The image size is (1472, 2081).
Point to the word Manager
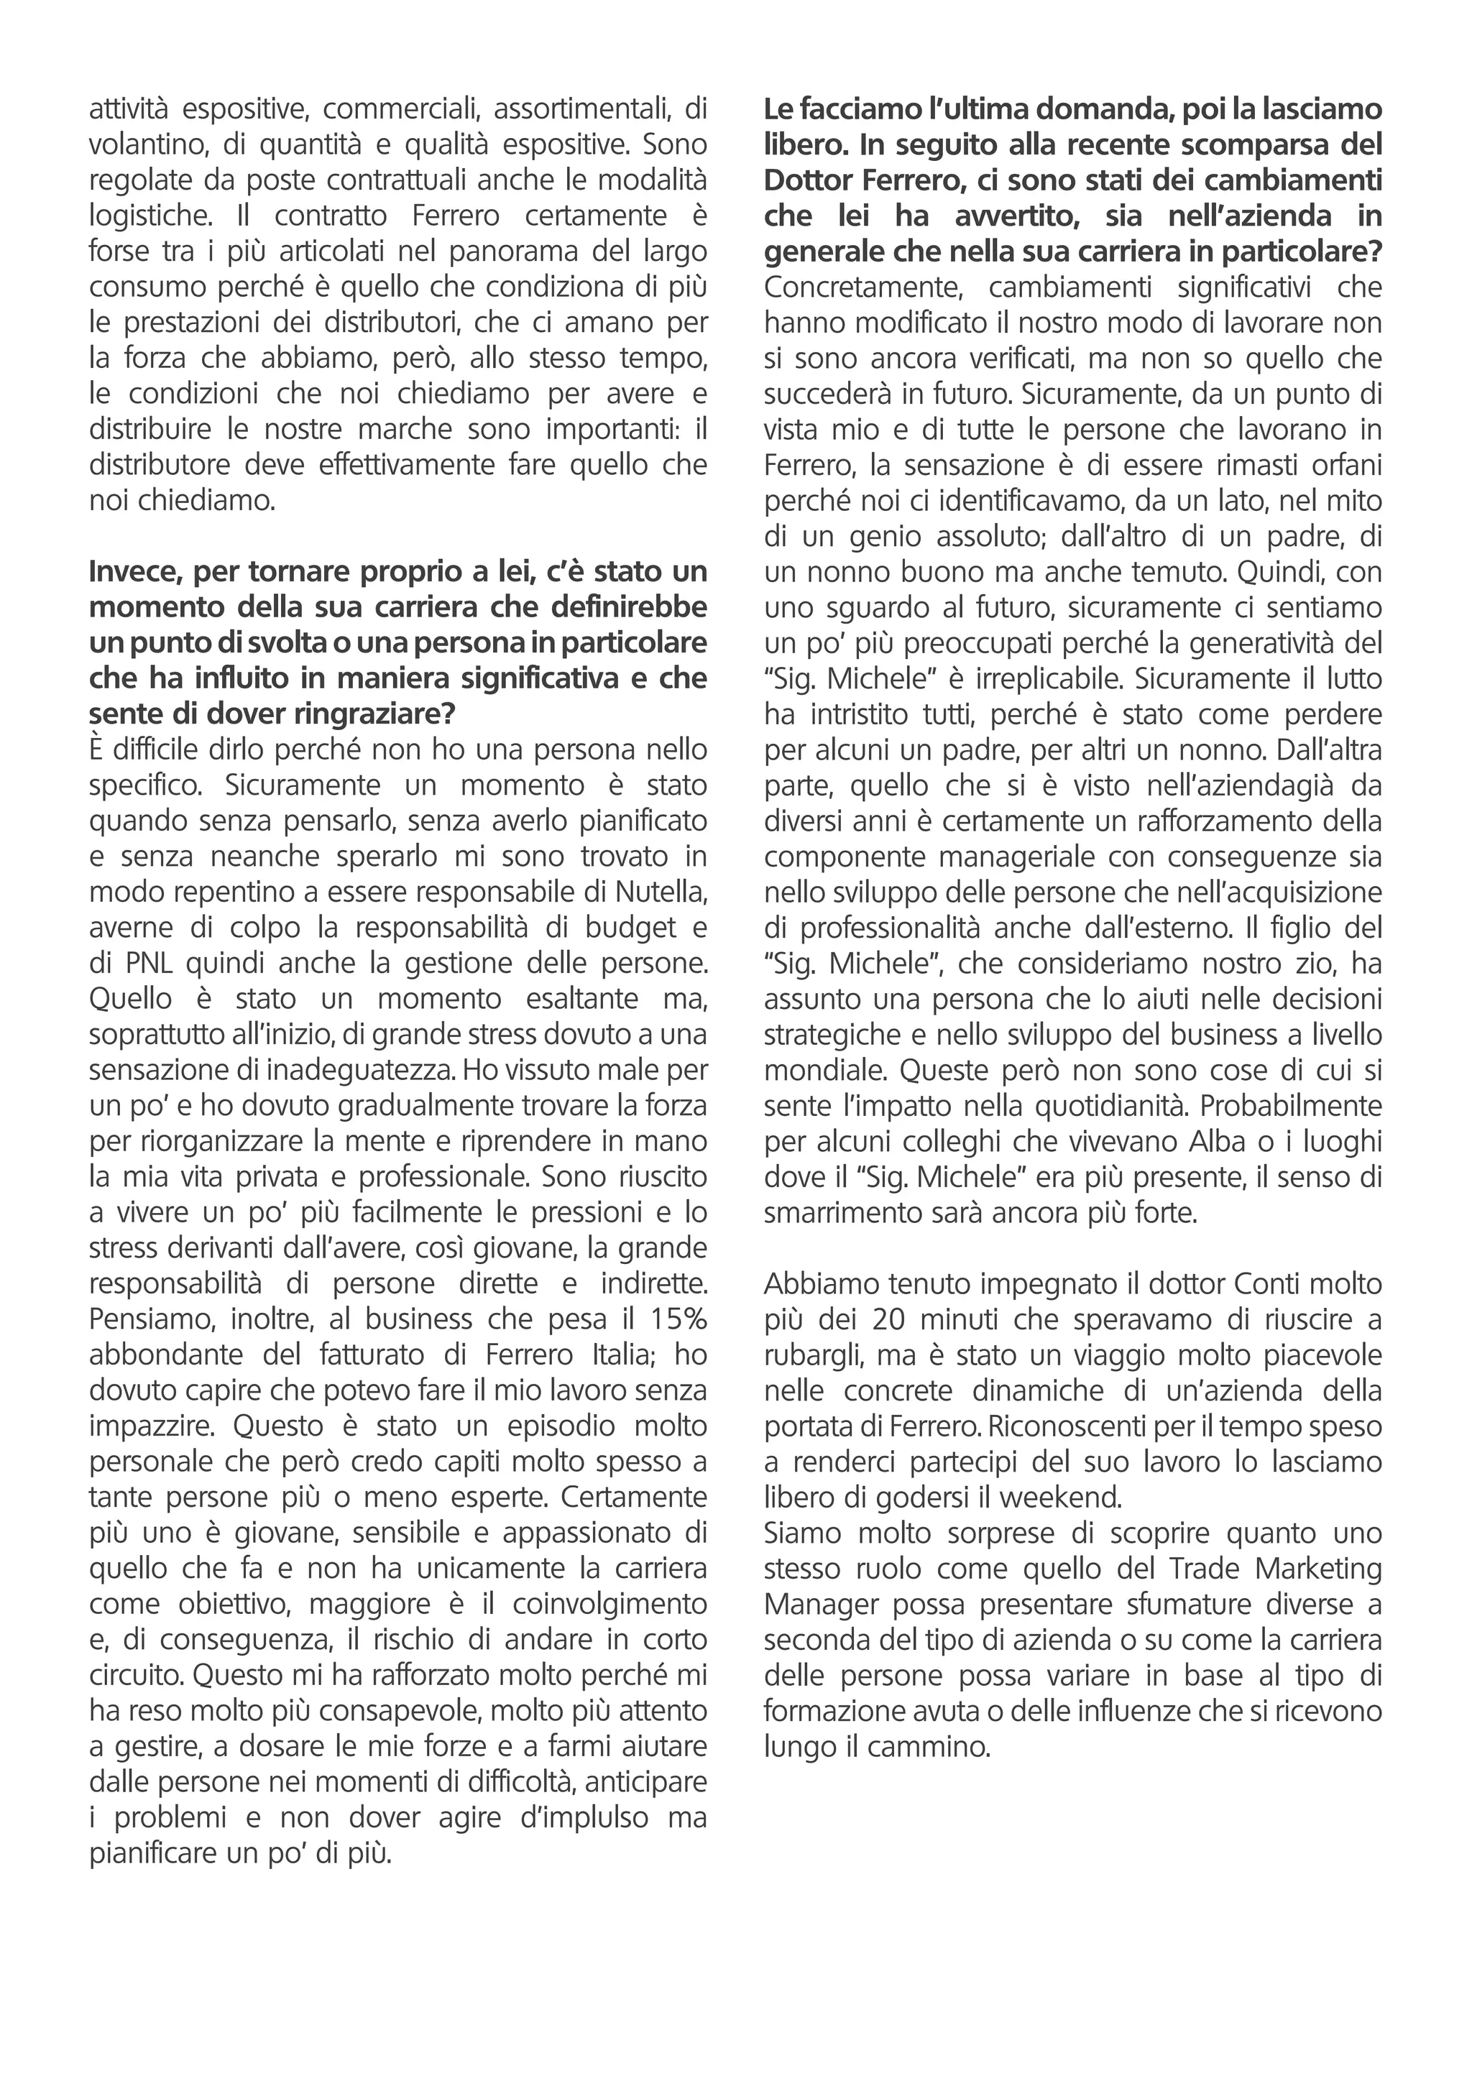pyautogui.click(x=822, y=1605)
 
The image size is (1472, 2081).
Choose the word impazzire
pyautogui.click(x=150, y=1426)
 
